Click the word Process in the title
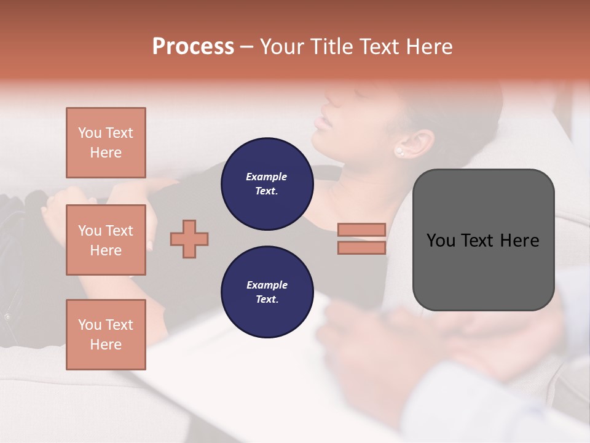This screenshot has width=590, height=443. [193, 47]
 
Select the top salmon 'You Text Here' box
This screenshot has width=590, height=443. [106, 143]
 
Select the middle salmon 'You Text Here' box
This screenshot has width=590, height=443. [106, 240]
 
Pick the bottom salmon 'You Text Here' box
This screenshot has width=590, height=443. [106, 335]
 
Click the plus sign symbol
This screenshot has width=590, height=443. [189, 239]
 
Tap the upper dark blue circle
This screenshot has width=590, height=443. [267, 184]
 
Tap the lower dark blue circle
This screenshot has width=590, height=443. [267, 292]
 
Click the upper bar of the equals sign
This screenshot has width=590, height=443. [361, 229]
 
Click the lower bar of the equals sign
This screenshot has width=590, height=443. [361, 247]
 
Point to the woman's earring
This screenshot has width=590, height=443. [399, 151]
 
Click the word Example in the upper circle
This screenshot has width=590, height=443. [267, 177]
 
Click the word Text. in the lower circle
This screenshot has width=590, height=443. [267, 300]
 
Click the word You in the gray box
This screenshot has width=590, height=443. [440, 241]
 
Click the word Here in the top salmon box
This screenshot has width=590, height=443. [106, 153]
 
